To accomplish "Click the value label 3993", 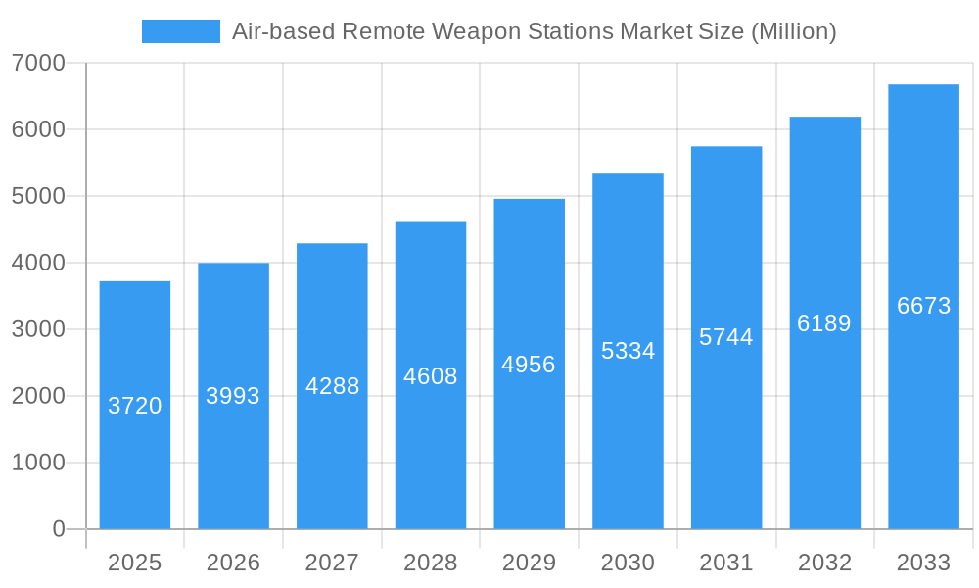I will (233, 396).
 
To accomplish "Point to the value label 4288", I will (333, 386).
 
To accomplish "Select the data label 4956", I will (529, 365).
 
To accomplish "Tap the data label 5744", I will (726, 337).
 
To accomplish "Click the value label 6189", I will (824, 323).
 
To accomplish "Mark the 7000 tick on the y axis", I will (38, 63).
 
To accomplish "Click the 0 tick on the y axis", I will (58, 529).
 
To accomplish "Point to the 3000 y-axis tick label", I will (38, 329).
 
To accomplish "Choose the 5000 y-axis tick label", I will (38, 196).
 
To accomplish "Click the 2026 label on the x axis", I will (233, 563).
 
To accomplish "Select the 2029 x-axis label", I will (529, 563).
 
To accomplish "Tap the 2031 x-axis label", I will (726, 563).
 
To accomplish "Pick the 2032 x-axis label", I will (824, 563).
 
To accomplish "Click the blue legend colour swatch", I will (181, 31).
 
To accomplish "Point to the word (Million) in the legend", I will (794, 31).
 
